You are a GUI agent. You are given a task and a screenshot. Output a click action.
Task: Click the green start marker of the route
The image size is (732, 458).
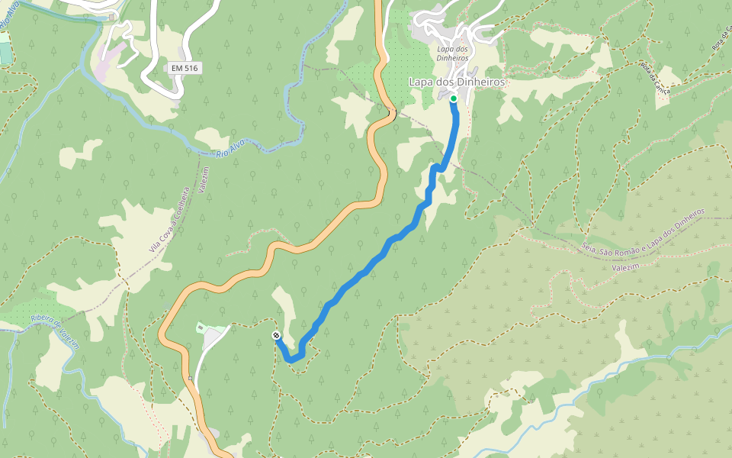coord(453,98)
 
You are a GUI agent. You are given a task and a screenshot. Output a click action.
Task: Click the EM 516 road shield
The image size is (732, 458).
coord(185,69)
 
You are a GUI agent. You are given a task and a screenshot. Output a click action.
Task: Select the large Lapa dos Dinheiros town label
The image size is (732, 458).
coord(457,82)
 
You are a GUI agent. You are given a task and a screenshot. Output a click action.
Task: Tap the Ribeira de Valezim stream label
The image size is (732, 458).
coord(56,327)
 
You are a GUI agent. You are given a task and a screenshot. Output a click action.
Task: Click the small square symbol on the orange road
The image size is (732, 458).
coord(189,379)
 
